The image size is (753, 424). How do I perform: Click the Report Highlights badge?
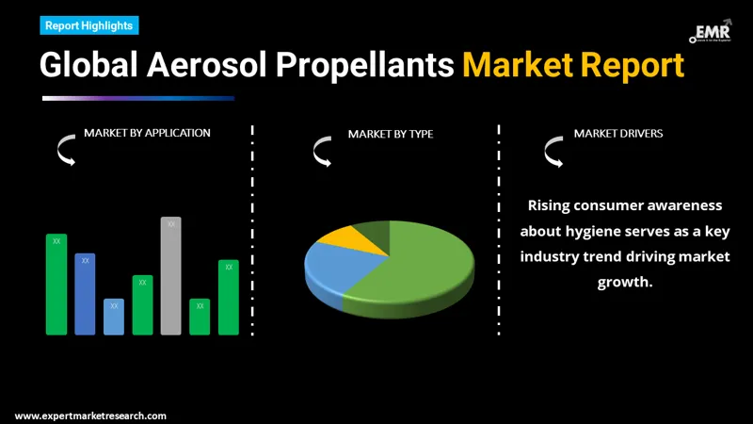(89, 25)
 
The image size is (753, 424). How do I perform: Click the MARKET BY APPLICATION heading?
(147, 133)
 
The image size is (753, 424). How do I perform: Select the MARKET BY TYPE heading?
(391, 134)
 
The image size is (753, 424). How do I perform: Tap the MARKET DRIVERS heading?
(618, 133)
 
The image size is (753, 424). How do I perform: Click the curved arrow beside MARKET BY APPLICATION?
(66, 150)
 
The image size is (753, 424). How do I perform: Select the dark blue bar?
(85, 293)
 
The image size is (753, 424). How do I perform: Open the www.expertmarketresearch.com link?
(90, 416)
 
